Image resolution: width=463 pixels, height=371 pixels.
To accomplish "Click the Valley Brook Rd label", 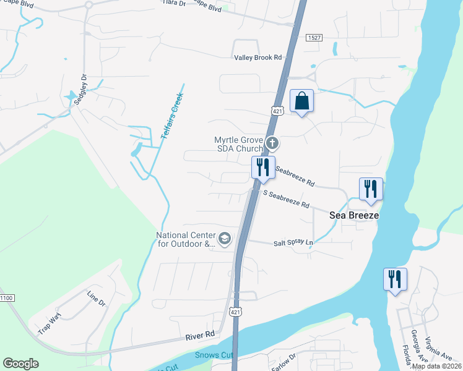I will click(x=257, y=58).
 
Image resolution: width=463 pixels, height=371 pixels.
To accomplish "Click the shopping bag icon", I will click(x=301, y=101).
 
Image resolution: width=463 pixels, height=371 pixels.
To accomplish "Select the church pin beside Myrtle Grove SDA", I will click(x=272, y=144).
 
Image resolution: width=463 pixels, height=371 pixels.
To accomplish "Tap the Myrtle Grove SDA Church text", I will click(x=238, y=144).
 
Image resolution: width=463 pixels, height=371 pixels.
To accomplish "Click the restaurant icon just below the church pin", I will click(x=262, y=167).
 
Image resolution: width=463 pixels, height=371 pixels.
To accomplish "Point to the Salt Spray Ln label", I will click(x=294, y=243).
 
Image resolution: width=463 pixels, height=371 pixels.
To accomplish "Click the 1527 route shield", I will click(x=314, y=38).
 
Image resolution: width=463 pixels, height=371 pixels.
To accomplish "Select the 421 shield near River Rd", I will click(x=233, y=311).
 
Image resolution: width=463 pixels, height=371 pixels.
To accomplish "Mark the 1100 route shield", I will click(x=6, y=298).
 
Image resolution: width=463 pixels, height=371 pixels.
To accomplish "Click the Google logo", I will click(x=20, y=364).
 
